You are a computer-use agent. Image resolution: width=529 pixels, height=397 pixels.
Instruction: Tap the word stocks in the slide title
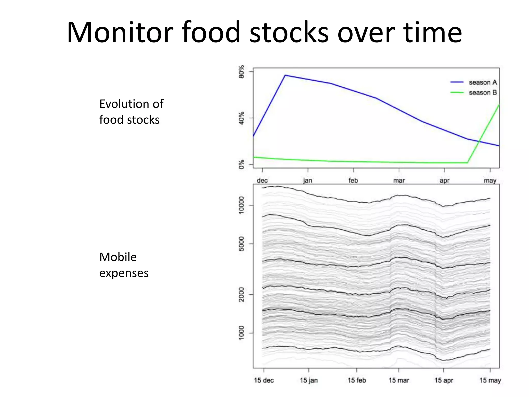[289, 33]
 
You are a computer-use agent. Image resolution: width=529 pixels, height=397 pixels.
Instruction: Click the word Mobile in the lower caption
[118, 257]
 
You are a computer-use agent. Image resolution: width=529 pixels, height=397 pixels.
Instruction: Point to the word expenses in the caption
[124, 273]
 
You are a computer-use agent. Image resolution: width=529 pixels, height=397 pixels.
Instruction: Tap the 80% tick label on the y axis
[242, 72]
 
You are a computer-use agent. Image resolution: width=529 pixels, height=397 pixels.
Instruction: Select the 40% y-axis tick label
[242, 118]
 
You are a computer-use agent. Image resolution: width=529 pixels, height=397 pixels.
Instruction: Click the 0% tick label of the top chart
[242, 164]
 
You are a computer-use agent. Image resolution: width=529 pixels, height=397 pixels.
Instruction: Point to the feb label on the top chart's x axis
[353, 180]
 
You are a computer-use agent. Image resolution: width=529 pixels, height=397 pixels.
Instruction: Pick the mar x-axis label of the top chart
[399, 180]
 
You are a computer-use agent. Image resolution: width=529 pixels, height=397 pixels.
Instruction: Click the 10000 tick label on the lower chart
[241, 205]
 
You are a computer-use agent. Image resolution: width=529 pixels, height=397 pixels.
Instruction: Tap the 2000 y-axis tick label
[241, 294]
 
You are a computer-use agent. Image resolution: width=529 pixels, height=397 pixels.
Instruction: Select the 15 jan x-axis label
[309, 380]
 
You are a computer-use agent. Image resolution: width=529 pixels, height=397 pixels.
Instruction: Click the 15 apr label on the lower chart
[444, 380]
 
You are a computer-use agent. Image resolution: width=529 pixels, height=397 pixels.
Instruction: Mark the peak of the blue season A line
[285, 75]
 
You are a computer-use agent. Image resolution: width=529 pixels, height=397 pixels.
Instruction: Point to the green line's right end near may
[499, 105]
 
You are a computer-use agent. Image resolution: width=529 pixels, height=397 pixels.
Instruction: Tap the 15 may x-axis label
[490, 380]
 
